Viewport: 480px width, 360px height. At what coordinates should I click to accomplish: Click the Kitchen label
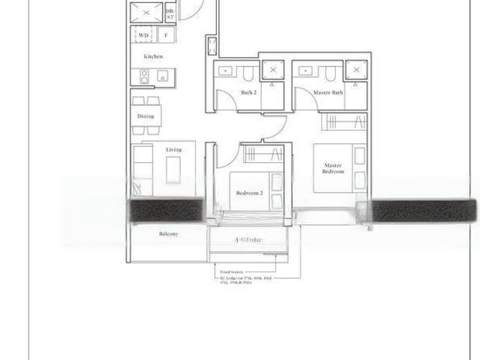pyautogui.click(x=154, y=57)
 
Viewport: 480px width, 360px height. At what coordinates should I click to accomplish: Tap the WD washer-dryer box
pyautogui.click(x=142, y=34)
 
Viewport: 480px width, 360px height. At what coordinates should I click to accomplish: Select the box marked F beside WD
pyautogui.click(x=165, y=34)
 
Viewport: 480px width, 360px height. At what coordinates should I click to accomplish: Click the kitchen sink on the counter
pyautogui.click(x=163, y=74)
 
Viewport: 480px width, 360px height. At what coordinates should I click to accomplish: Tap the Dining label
pyautogui.click(x=145, y=116)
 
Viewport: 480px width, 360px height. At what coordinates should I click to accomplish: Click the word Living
pyautogui.click(x=174, y=150)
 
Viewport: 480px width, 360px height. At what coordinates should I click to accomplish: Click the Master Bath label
pyautogui.click(x=328, y=92)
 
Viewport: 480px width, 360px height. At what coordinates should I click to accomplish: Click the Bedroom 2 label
pyautogui.click(x=249, y=193)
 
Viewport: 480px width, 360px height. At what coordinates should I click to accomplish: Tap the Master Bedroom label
pyautogui.click(x=334, y=168)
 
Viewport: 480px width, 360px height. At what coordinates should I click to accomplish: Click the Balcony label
pyautogui.click(x=168, y=234)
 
